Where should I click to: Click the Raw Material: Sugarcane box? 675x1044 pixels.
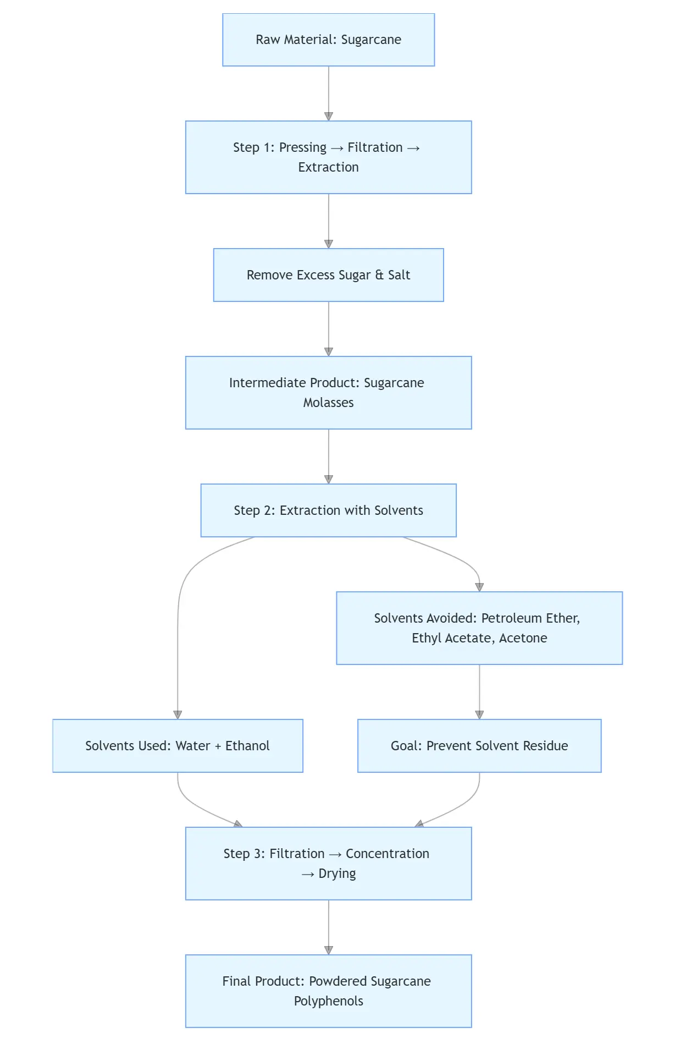pos(328,40)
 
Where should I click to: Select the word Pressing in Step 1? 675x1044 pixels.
pos(302,147)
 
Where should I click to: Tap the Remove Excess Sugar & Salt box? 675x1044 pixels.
pos(328,275)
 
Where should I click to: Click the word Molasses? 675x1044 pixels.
pos(328,403)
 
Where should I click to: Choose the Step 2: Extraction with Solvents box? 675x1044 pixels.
pos(328,510)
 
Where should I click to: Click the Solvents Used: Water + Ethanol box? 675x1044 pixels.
pos(178,746)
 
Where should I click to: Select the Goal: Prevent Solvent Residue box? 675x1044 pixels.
pos(479,746)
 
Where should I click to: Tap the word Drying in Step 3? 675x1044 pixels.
pos(337,873)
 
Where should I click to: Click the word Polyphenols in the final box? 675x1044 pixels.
pos(328,1001)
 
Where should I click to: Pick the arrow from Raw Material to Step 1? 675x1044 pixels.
pos(329,94)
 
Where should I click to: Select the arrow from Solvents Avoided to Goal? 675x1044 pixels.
pos(479,692)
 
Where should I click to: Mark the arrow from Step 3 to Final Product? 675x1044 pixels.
pos(329,927)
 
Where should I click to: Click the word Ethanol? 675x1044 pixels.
pos(247,746)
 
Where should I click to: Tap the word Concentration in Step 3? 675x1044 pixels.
pos(387,854)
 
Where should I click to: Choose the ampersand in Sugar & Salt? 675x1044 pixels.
pos(379,275)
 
